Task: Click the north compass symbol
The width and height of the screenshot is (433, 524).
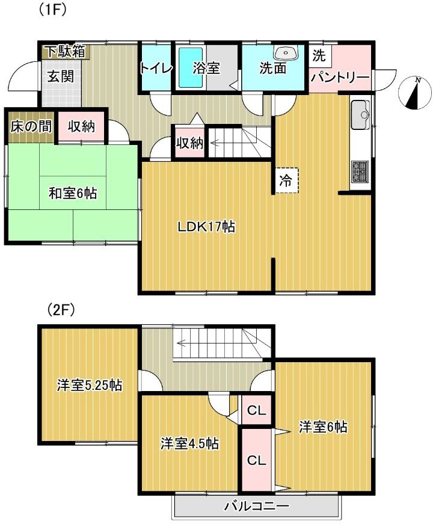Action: (416, 93)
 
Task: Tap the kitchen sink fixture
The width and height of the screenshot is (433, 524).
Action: (360, 115)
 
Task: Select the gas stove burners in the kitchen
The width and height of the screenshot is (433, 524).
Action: (360, 172)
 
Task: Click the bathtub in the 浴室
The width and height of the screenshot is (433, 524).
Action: (190, 68)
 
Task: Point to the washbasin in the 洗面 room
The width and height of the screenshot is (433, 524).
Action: (286, 52)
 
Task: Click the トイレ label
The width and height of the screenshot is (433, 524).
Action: (156, 68)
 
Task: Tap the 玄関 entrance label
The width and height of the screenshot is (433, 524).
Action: (61, 76)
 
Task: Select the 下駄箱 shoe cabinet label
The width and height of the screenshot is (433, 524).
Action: (66, 52)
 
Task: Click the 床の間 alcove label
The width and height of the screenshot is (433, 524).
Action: (31, 127)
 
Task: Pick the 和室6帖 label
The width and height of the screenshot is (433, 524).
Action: (73, 193)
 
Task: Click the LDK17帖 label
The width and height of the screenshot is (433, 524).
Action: (206, 227)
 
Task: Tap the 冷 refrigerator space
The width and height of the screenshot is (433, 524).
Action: (286, 181)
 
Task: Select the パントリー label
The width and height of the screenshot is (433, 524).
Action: (340, 78)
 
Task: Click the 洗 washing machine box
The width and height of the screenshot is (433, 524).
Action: (319, 55)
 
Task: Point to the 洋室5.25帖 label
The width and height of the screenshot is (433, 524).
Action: (89, 385)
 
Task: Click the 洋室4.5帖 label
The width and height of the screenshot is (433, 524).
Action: (190, 444)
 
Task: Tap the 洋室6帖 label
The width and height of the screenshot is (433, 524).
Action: (323, 427)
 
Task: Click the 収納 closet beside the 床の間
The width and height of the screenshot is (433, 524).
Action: (81, 127)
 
